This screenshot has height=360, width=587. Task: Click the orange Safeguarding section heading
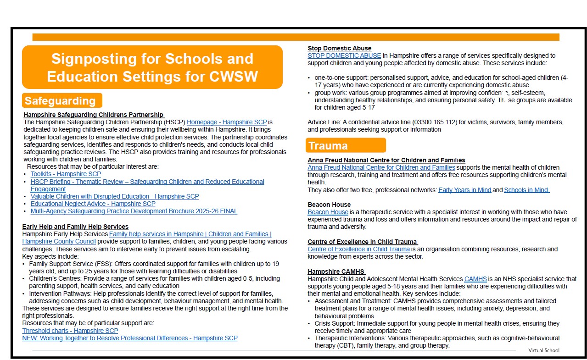[60, 101]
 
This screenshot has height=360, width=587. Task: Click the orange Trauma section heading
[328, 146]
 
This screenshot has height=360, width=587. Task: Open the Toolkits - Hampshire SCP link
[66, 174]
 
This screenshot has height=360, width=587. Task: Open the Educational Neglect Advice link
[93, 204]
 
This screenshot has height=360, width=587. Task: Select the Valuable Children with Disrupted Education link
[115, 196]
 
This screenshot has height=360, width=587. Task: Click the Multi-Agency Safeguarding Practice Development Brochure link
[134, 211]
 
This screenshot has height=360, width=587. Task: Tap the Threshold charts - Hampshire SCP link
[70, 331]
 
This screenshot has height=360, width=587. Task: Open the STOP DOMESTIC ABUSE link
[344, 56]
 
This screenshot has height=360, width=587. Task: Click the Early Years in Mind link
[464, 190]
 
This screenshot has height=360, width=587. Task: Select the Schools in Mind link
[526, 190]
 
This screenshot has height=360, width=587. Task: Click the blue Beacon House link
[328, 212]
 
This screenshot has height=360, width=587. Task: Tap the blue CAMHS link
[475, 279]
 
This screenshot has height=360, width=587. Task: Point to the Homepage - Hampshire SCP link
[227, 122]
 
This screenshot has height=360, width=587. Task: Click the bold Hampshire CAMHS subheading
[336, 271]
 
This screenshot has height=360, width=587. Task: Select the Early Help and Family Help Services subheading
[75, 227]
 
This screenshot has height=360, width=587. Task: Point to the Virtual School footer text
[543, 350]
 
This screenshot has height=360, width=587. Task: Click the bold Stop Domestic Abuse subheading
[339, 48]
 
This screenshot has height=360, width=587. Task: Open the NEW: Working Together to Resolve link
[130, 338]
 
